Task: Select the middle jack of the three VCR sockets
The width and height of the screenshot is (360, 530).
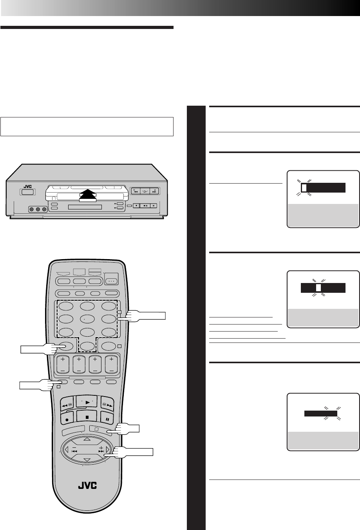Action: tap(38, 209)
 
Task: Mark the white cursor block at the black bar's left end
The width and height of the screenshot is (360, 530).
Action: tap(304, 188)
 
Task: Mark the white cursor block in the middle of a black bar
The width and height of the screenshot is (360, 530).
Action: tap(318, 288)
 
